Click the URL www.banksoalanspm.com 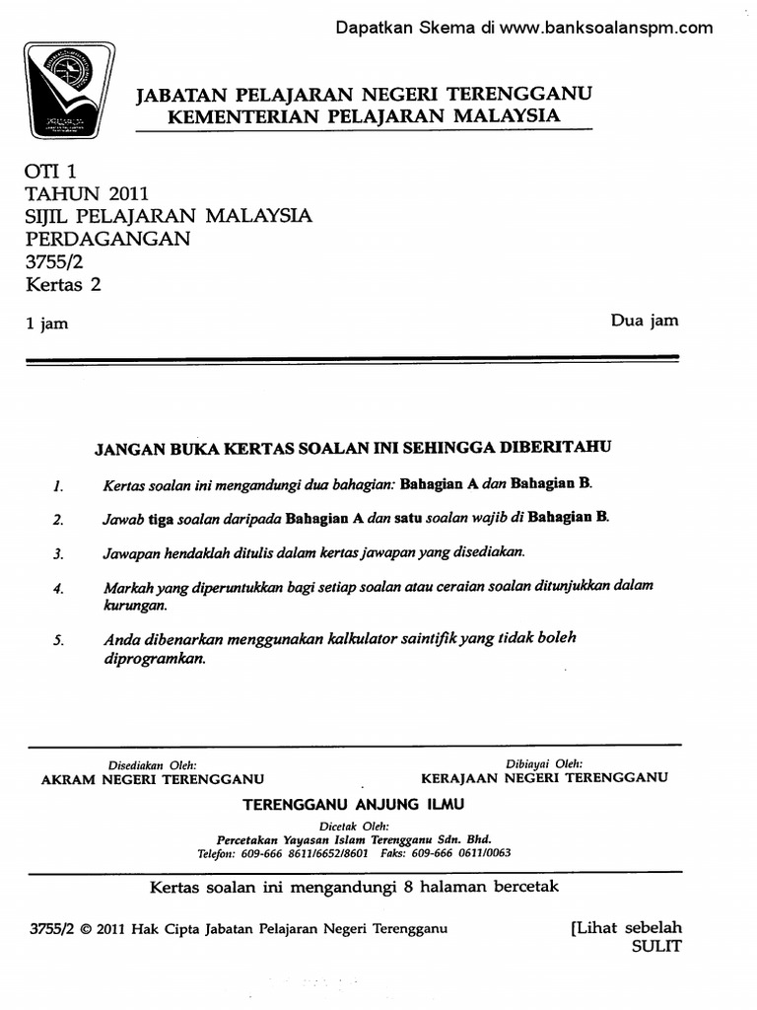(x=605, y=28)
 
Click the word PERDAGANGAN (x=108, y=240)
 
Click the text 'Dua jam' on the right (x=644, y=321)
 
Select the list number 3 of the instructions (x=58, y=554)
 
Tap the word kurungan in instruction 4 (x=134, y=605)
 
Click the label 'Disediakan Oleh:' (x=152, y=764)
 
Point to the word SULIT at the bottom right (x=655, y=946)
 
